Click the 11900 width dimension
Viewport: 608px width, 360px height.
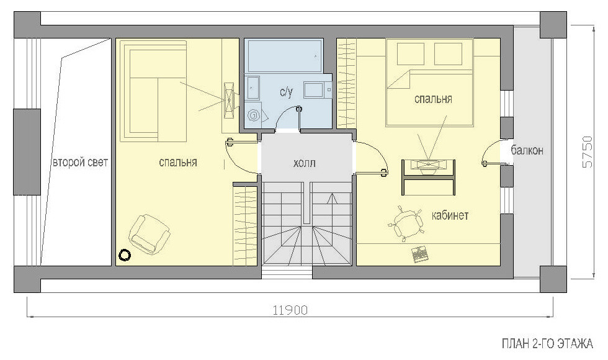(290, 310)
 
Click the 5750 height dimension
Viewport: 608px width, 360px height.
(588, 151)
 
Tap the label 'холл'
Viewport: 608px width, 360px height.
(305, 163)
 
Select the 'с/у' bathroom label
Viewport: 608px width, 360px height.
(286, 92)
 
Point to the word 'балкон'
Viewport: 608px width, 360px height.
(527, 150)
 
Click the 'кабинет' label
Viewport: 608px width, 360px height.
(450, 215)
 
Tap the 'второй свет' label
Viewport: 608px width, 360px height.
(80, 162)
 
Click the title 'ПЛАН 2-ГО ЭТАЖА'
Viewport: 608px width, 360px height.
(547, 343)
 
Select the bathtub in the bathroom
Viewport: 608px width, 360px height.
(285, 55)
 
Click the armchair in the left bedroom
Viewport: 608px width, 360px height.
(150, 235)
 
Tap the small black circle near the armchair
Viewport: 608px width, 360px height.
(125, 255)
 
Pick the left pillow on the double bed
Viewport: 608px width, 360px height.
(411, 54)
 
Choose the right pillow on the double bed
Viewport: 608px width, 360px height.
(448, 54)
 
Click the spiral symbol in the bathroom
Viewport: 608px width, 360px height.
(254, 115)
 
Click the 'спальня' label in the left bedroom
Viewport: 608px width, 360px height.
(178, 162)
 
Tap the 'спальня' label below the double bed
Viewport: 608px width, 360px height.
(433, 99)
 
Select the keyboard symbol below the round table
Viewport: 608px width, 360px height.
(419, 254)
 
